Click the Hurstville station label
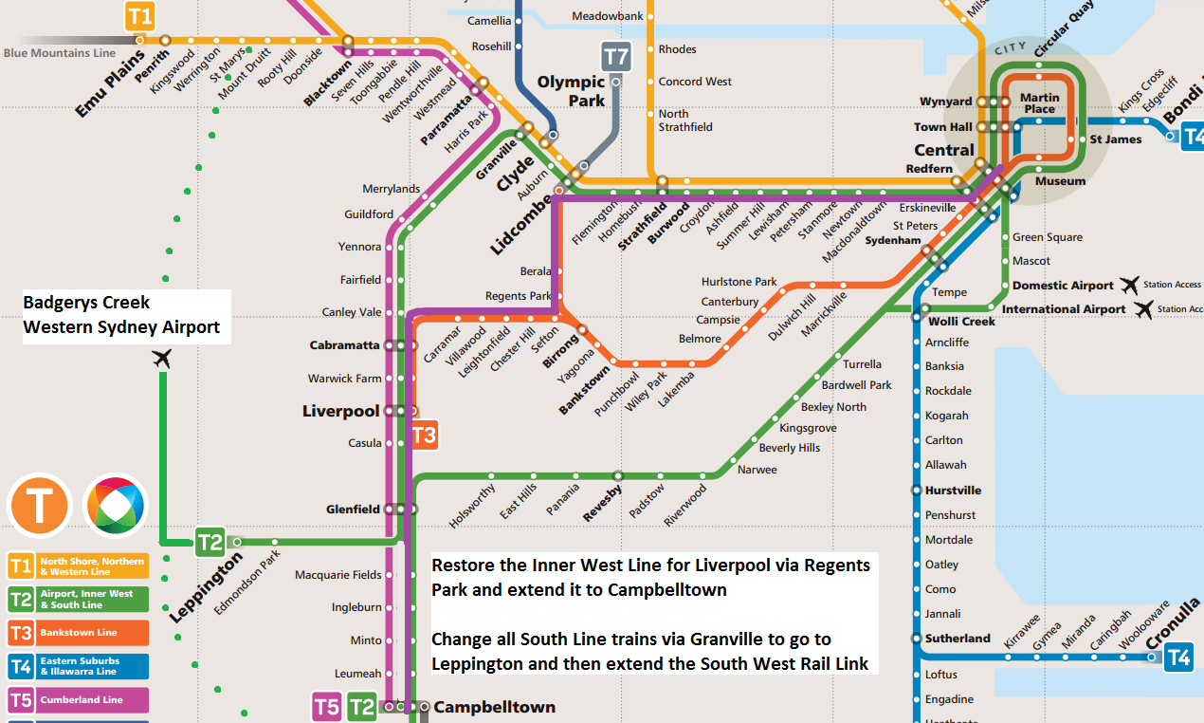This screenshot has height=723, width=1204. pyautogui.click(x=953, y=491)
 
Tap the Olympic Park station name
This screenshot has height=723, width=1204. pyautogui.click(x=571, y=91)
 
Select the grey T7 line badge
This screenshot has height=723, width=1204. pyautogui.click(x=616, y=57)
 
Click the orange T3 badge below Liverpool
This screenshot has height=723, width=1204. pyautogui.click(x=424, y=436)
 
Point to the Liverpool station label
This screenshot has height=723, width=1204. pyautogui.click(x=340, y=412)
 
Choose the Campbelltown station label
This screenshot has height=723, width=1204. pyautogui.click(x=494, y=707)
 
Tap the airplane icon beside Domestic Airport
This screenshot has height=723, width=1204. pyautogui.click(x=1129, y=285)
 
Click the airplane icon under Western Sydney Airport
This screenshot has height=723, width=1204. pyautogui.click(x=162, y=359)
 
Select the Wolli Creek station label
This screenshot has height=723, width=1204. pyautogui.click(x=961, y=321)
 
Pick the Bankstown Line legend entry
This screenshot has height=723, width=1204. pyautogui.click(x=78, y=633)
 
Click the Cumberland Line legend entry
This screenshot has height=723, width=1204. pyautogui.click(x=78, y=700)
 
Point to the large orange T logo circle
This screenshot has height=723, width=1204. pyautogui.click(x=40, y=506)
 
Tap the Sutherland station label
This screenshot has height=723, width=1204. pyautogui.click(x=958, y=639)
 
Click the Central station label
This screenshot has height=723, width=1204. pyautogui.click(x=943, y=150)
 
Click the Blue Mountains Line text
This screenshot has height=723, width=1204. pyautogui.click(x=59, y=53)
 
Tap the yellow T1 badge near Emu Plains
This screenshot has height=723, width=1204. pyautogui.click(x=139, y=15)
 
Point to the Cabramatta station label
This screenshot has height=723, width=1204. pyautogui.click(x=344, y=345)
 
